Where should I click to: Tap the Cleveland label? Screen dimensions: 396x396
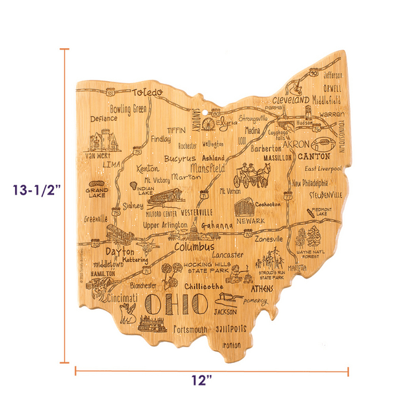click(x=290, y=100)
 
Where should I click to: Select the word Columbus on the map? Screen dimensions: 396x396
click(x=195, y=247)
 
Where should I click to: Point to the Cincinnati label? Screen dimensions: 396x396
click(x=117, y=298)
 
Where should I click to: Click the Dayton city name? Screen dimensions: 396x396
click(x=119, y=251)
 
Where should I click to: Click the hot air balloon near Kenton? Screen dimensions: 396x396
click(x=133, y=184)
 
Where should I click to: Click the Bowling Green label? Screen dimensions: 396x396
click(x=128, y=108)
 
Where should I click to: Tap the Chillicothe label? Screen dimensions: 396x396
click(x=203, y=286)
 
